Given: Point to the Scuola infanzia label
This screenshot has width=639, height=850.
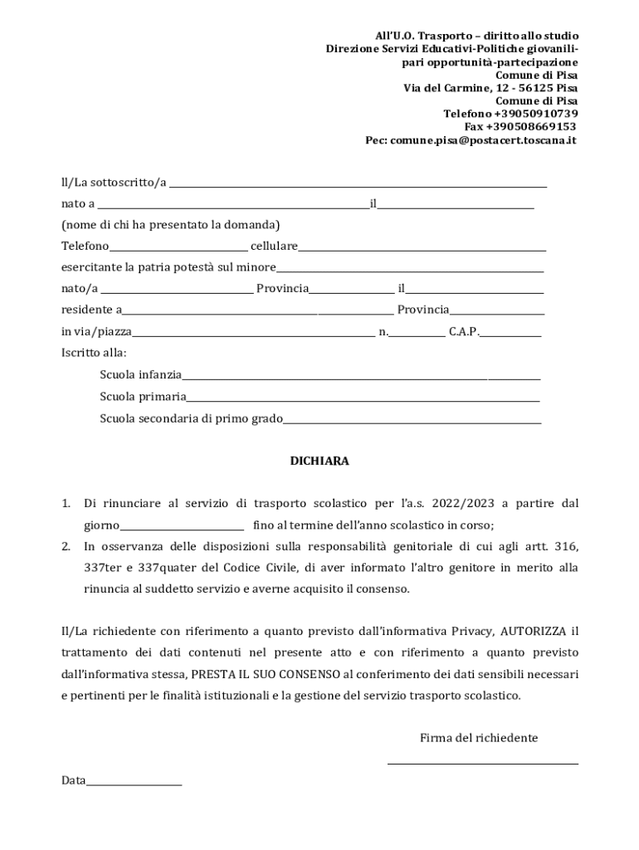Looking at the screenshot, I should click(x=140, y=374).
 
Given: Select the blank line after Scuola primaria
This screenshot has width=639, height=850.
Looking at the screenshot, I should click(x=363, y=398).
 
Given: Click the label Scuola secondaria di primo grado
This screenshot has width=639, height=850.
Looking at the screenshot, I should click(x=191, y=418).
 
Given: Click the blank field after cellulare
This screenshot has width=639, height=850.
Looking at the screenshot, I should click(x=422, y=247).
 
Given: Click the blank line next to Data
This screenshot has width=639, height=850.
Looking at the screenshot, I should click(x=134, y=782).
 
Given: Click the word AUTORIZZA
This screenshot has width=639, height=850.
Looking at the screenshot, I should click(x=534, y=631).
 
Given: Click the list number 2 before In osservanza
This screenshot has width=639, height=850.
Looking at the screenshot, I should click(x=66, y=547).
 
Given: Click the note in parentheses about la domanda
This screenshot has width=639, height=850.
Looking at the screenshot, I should click(x=170, y=225).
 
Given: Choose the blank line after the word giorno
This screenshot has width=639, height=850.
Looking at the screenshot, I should click(x=183, y=525).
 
